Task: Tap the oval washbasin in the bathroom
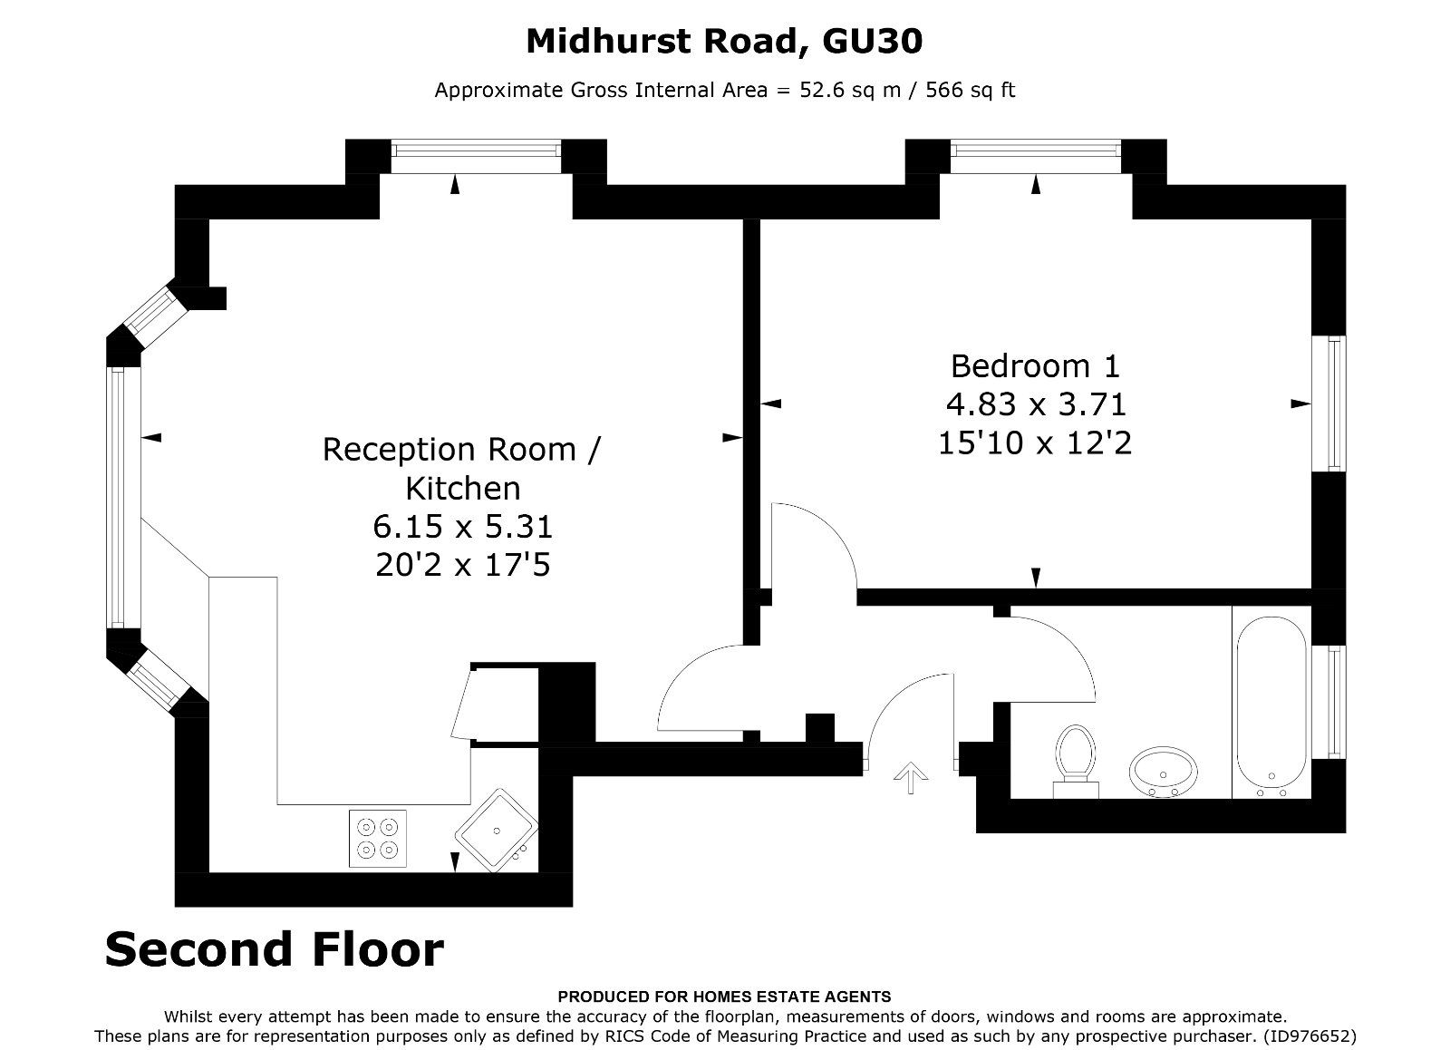(1164, 773)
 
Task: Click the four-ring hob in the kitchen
(378, 838)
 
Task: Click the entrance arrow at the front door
(911, 776)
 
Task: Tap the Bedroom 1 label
(1035, 366)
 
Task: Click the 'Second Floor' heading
(274, 949)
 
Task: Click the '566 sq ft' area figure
(970, 90)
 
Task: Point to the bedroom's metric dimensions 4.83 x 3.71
(1035, 404)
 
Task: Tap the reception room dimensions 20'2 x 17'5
(462, 566)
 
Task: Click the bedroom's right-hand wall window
(1334, 403)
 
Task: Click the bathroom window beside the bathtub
(1334, 701)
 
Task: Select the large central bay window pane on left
(118, 496)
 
